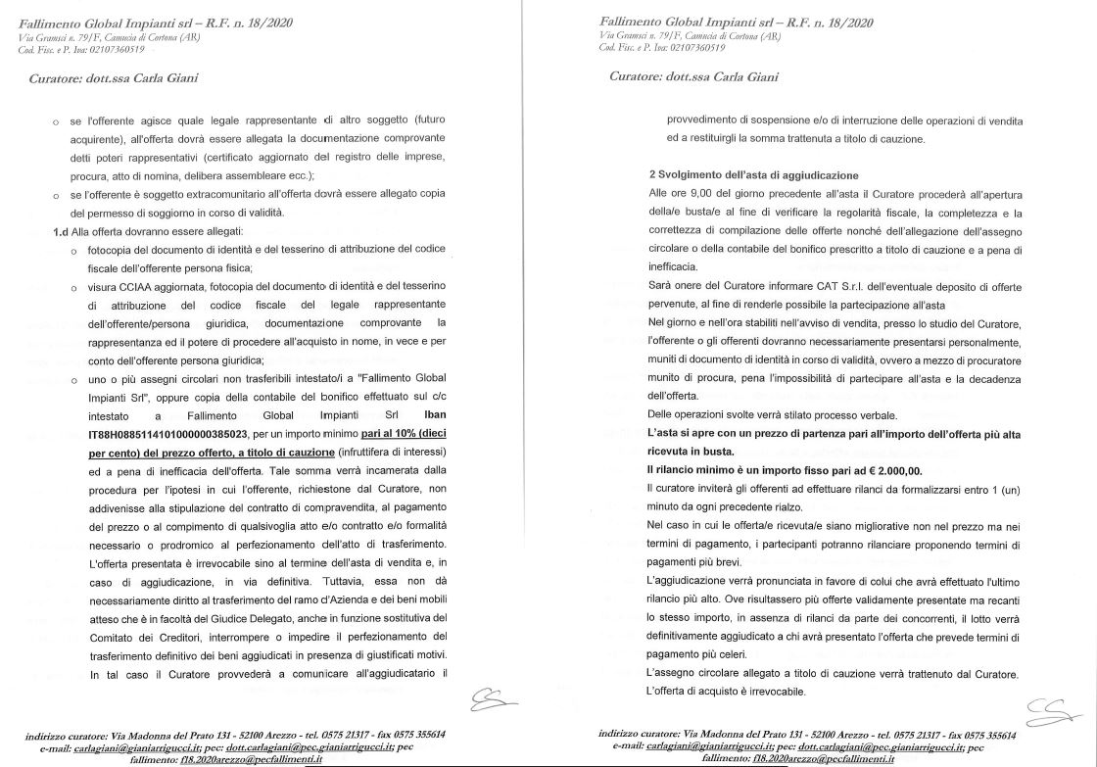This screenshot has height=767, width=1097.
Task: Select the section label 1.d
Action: coord(64,232)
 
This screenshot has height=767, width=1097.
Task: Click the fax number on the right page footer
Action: coord(987,734)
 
